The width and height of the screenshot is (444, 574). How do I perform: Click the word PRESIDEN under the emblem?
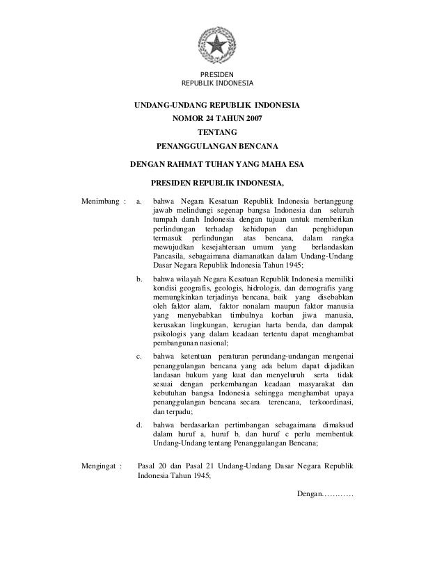(217, 76)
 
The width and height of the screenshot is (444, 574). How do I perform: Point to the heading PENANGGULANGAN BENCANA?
(217, 147)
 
